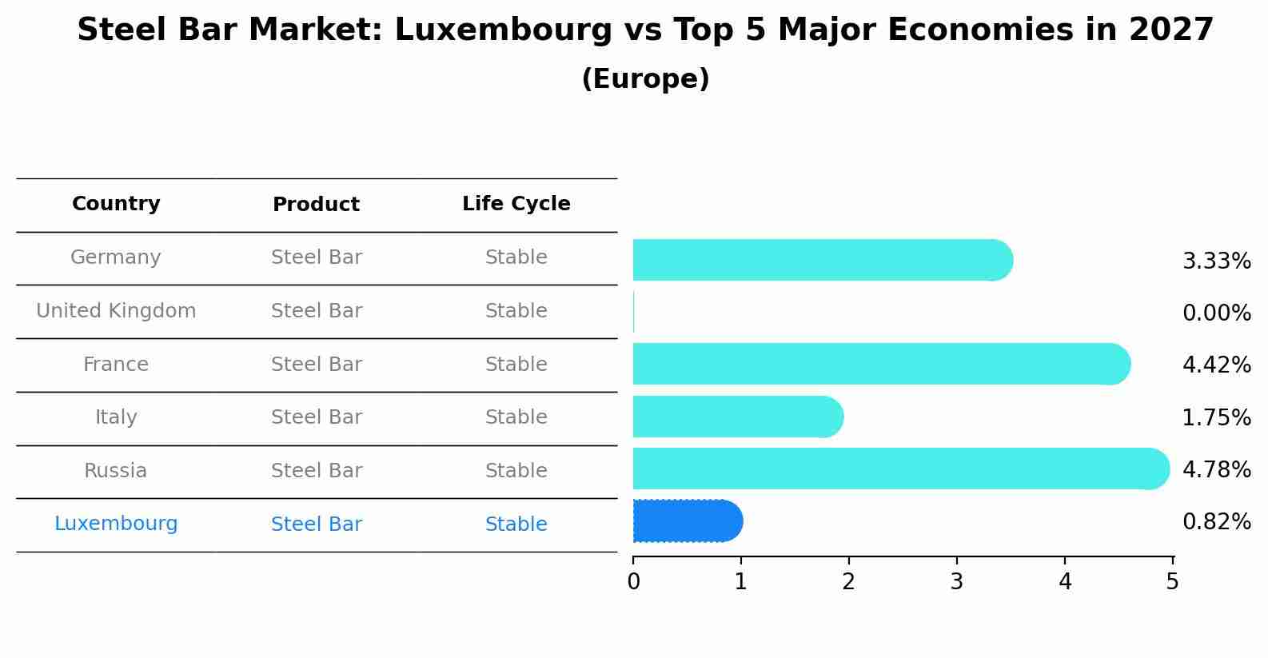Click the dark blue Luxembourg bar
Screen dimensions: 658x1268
(x=688, y=521)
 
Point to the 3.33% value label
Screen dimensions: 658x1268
(x=1216, y=261)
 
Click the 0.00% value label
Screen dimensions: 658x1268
(x=1216, y=313)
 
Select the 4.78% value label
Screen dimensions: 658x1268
(x=1216, y=469)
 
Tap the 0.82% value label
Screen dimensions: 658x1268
(x=1216, y=522)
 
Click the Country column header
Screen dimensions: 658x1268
(x=116, y=204)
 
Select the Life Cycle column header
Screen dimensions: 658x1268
(x=516, y=204)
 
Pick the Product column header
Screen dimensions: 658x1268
(x=316, y=205)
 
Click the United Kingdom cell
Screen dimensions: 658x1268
(x=116, y=311)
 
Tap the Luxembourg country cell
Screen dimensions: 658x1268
(x=116, y=524)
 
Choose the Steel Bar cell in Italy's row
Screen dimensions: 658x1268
(x=316, y=417)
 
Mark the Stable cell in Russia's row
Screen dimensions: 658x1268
(x=516, y=471)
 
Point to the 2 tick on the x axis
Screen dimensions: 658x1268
(x=849, y=582)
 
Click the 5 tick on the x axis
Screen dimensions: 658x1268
(x=1172, y=582)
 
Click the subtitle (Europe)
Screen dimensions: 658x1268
(x=645, y=79)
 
